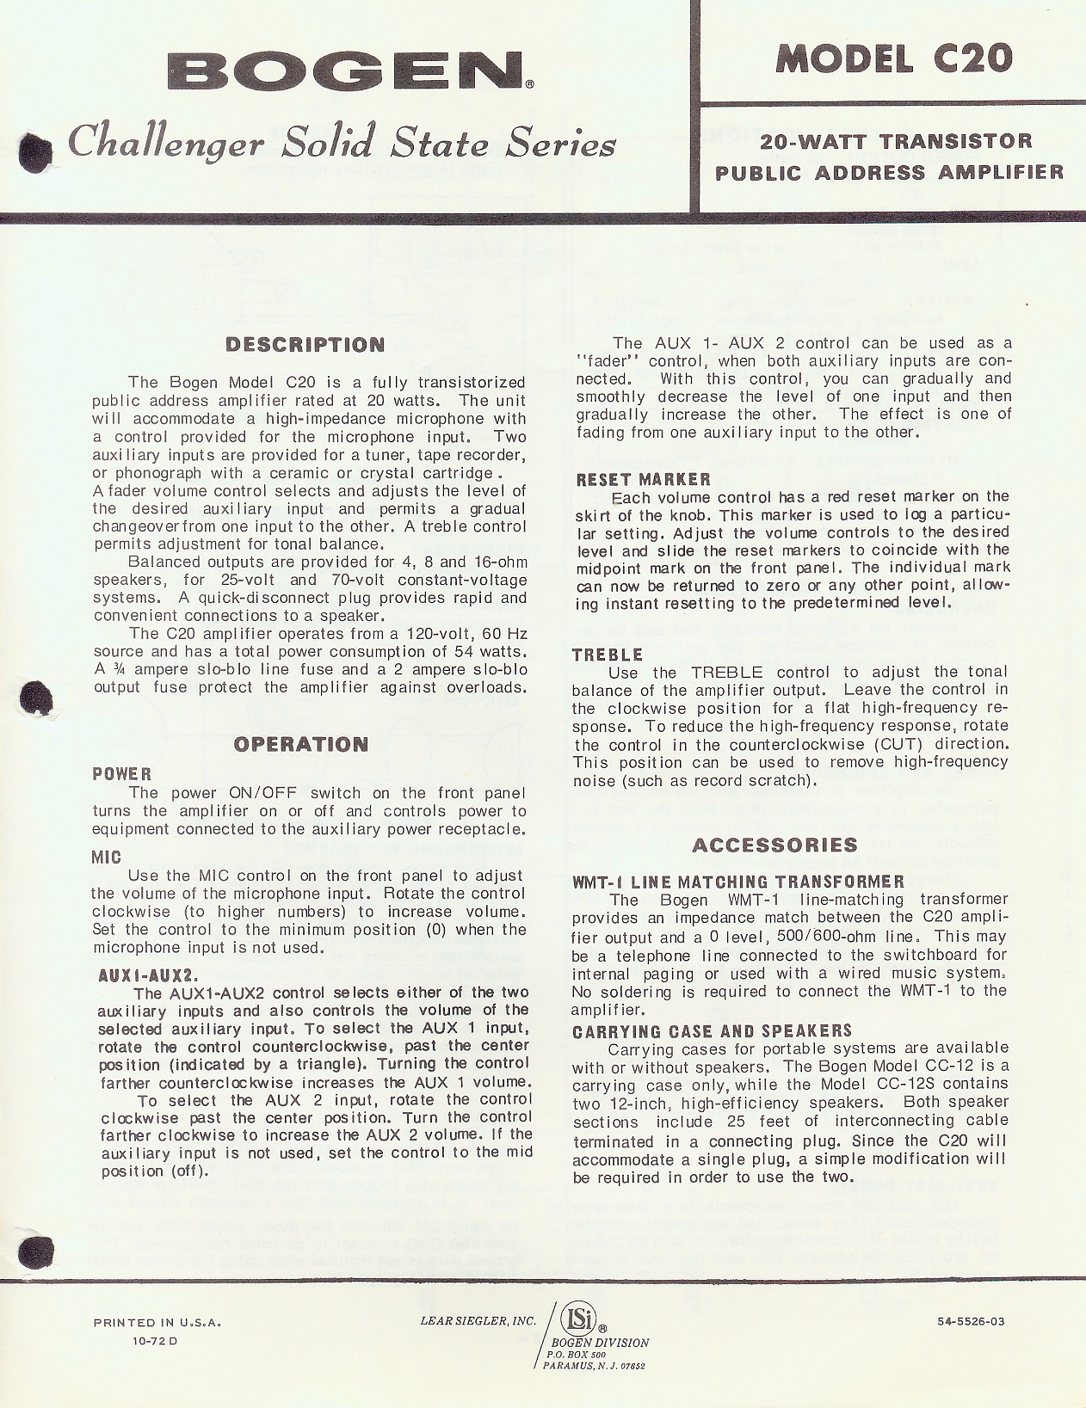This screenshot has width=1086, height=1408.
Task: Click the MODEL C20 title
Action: click(x=894, y=58)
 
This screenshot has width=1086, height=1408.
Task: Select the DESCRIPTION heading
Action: click(x=305, y=345)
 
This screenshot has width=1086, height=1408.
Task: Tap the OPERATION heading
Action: click(x=301, y=744)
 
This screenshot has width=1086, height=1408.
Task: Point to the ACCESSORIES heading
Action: click(x=774, y=845)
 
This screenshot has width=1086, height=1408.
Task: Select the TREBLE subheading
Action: click(x=608, y=655)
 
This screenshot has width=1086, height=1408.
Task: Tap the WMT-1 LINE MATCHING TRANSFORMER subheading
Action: click(x=738, y=882)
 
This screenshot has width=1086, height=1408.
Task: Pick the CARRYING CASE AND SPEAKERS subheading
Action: click(x=712, y=1030)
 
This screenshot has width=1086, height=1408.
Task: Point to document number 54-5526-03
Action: click(x=971, y=1322)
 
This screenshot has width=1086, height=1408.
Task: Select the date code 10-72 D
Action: click(x=154, y=1341)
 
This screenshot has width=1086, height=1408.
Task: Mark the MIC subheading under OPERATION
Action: click(x=107, y=858)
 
